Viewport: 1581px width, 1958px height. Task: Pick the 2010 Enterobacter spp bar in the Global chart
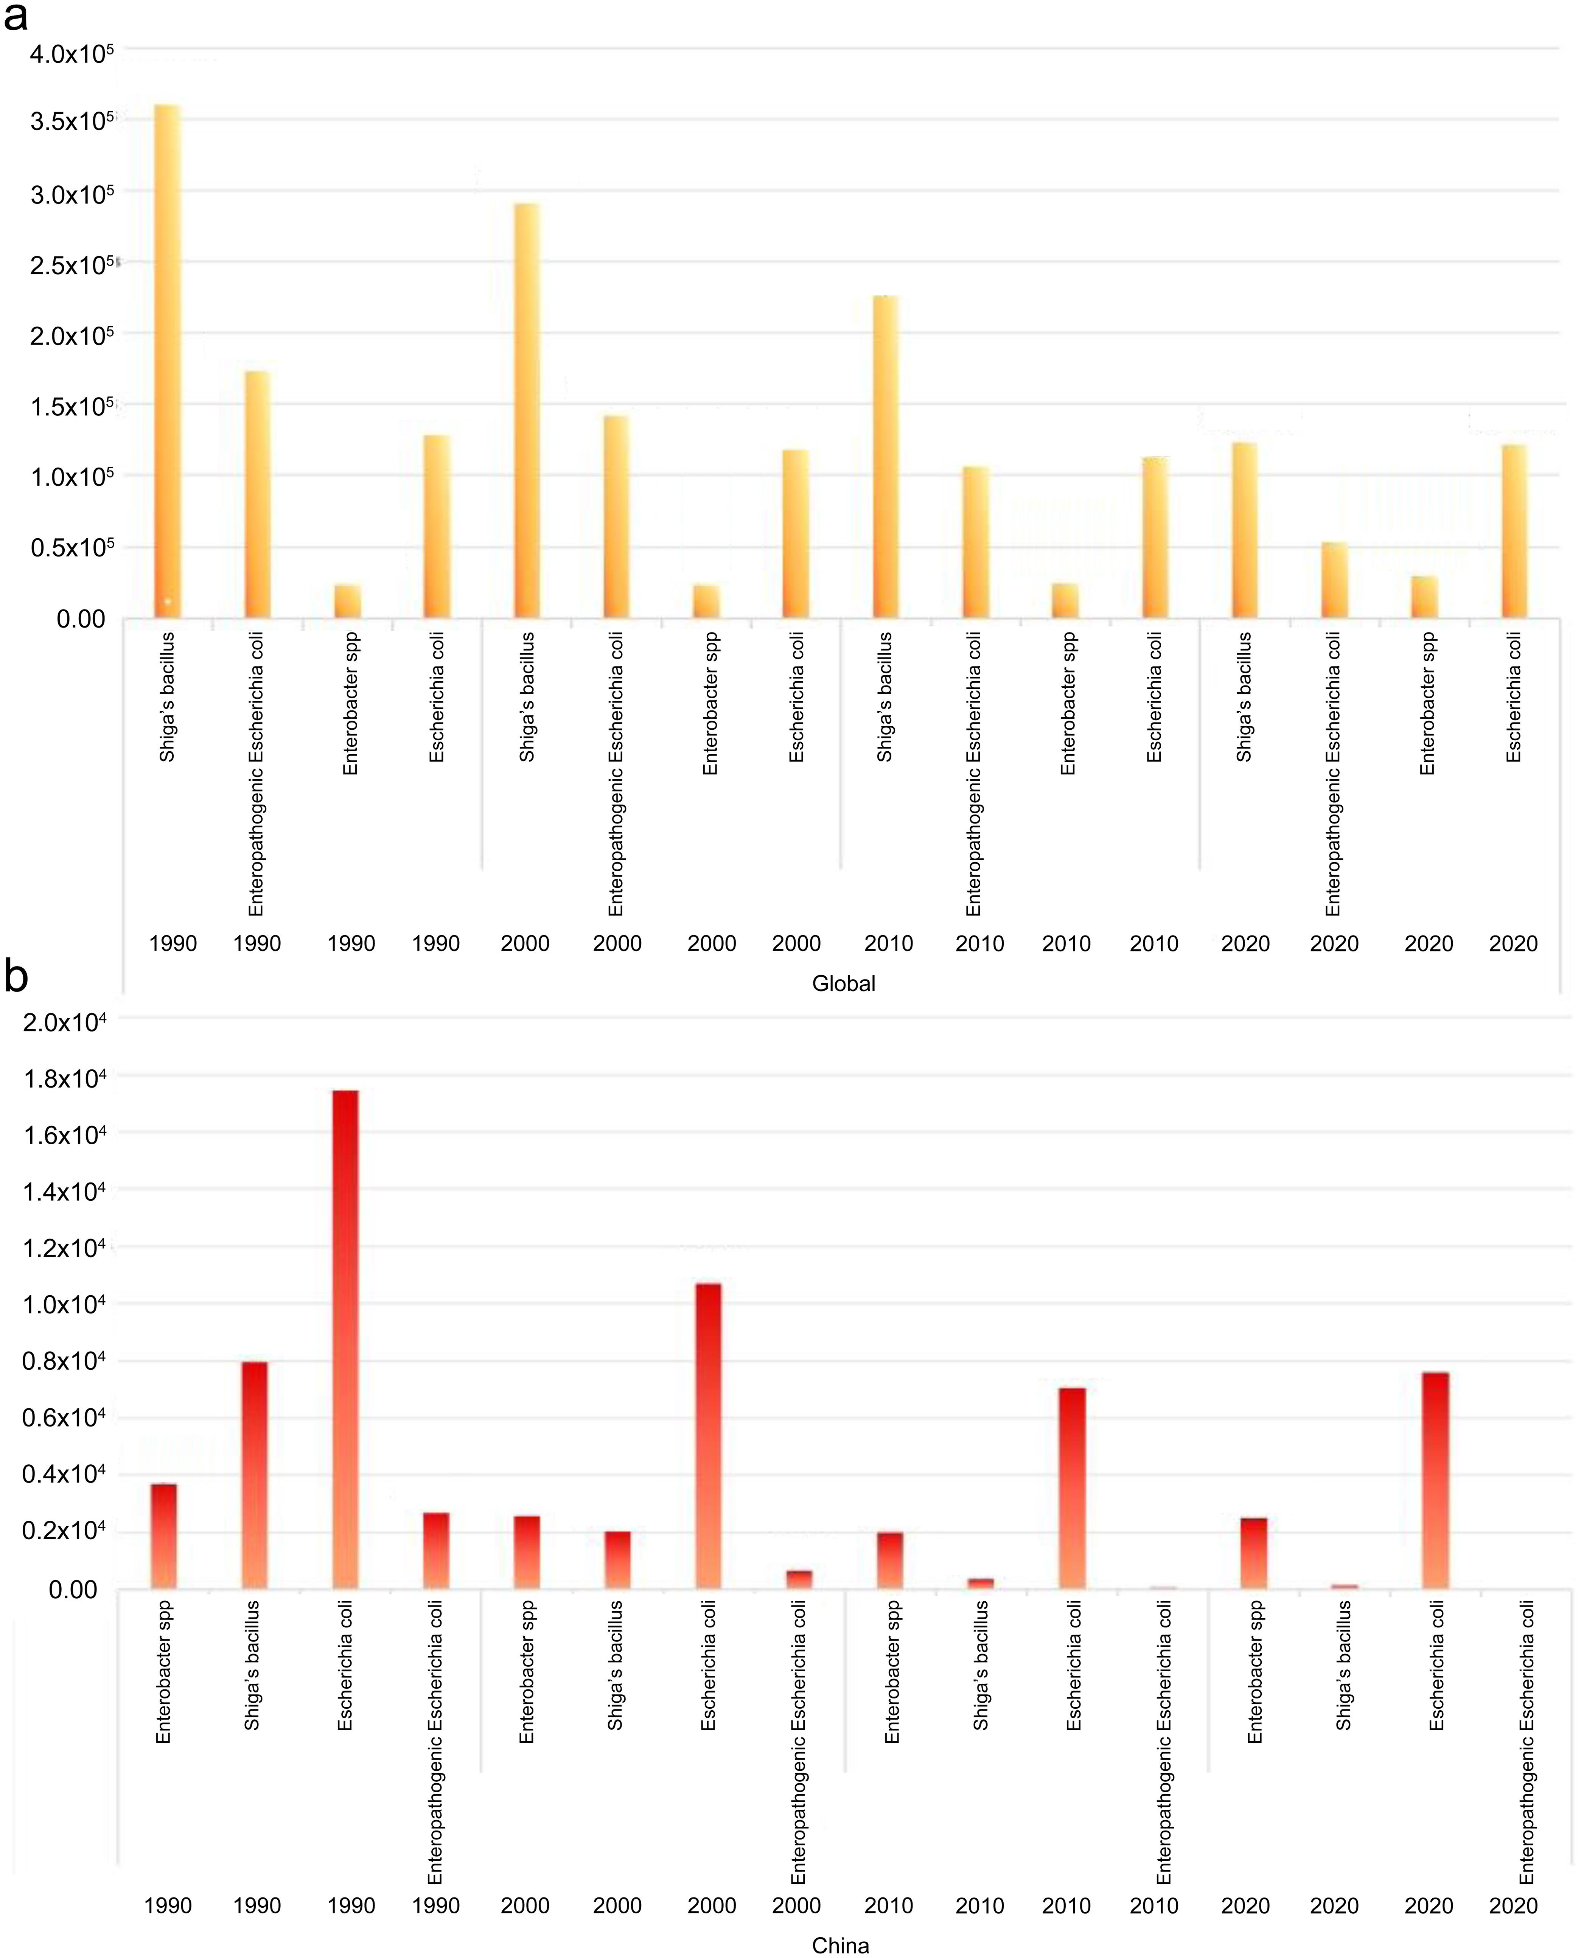(1065, 601)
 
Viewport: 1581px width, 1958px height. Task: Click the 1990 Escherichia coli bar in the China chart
(345, 1339)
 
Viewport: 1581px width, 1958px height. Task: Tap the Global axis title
(843, 984)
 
